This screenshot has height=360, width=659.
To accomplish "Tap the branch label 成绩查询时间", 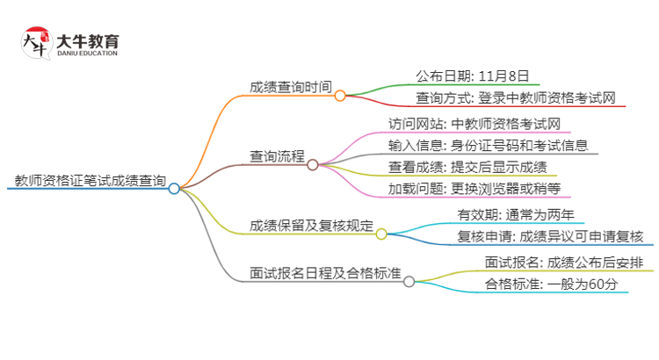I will click(x=291, y=87).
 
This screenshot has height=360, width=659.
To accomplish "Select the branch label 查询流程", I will click(x=277, y=157).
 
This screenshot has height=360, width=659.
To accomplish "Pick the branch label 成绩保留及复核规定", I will click(x=311, y=226).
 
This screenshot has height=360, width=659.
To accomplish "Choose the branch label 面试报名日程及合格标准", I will click(x=325, y=273).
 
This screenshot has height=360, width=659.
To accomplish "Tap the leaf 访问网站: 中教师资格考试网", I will click(x=474, y=124).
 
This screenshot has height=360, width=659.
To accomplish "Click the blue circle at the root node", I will click(x=174, y=188).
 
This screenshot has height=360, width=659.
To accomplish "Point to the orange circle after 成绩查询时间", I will click(x=339, y=94).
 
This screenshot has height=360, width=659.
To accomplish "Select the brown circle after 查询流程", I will click(x=312, y=164).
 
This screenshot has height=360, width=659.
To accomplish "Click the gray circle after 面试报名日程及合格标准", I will click(x=409, y=281).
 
